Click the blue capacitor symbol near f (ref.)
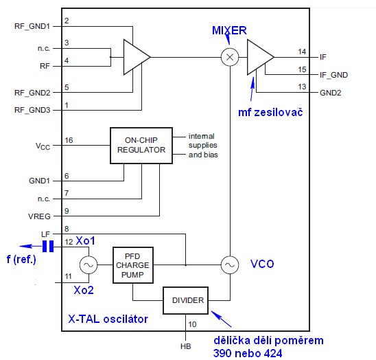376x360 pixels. click(x=48, y=246)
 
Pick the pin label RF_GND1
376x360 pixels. click(x=32, y=26)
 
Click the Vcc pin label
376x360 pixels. click(x=43, y=146)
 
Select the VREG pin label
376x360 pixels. click(x=39, y=216)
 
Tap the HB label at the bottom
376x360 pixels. click(x=186, y=346)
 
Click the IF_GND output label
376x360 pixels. click(x=333, y=75)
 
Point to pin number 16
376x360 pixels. click(x=69, y=140)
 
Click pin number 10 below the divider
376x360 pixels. click(x=192, y=324)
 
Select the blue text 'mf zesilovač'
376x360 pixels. click(x=270, y=113)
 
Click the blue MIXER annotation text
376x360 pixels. click(x=229, y=30)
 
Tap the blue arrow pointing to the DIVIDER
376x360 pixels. click(x=221, y=319)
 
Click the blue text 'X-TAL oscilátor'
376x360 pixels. click(x=108, y=319)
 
